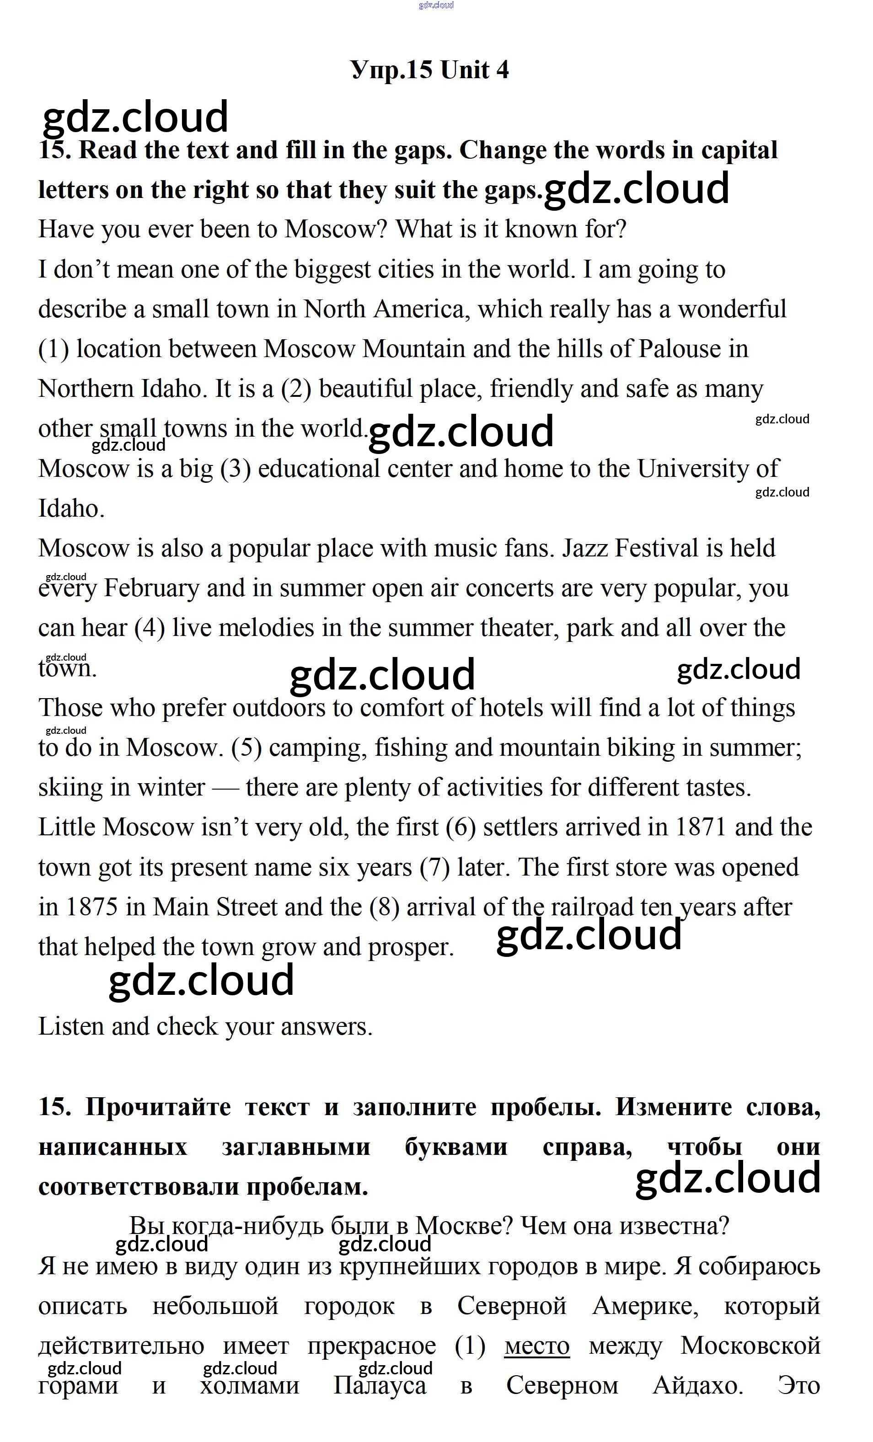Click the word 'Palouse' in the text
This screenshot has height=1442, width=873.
coord(679,349)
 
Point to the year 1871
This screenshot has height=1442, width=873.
coord(701,828)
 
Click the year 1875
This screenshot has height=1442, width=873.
coord(91,907)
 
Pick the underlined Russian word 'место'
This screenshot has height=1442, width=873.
coord(536,1346)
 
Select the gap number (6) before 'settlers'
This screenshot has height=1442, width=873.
coord(460,828)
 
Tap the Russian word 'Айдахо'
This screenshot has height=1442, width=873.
coord(697,1386)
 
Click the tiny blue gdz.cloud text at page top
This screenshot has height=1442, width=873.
coord(436,5)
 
